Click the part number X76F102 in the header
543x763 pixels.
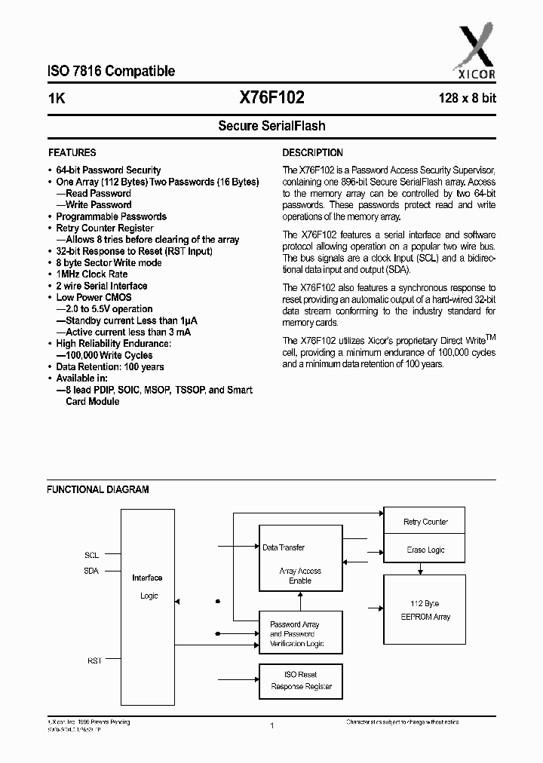click(x=271, y=97)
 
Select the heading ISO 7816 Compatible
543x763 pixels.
click(x=112, y=72)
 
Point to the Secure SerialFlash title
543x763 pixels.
click(x=271, y=126)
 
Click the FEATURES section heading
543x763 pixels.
click(x=72, y=152)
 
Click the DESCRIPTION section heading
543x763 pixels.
click(x=312, y=152)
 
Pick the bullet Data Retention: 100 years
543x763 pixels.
click(x=110, y=367)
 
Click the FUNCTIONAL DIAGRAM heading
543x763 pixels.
click(x=98, y=489)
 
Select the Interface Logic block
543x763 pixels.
click(x=147, y=587)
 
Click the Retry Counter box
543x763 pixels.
click(x=425, y=522)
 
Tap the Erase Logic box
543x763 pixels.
click(x=425, y=550)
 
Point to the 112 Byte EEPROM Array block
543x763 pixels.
click(x=425, y=610)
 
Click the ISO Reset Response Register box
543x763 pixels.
click(x=301, y=681)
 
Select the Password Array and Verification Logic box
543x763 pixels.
click(x=301, y=634)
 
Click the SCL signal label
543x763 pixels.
click(x=91, y=555)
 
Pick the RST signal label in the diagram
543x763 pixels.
click(x=94, y=660)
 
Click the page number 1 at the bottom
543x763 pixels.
click(x=271, y=725)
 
